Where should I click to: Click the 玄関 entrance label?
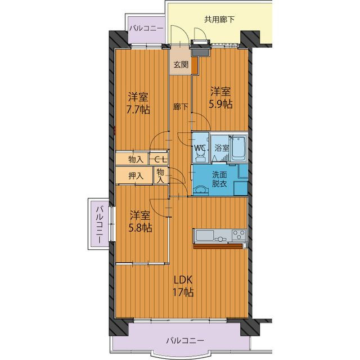pyautogui.click(x=181, y=65)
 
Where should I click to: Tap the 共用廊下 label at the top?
pyautogui.click(x=219, y=19)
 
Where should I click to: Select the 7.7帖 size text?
pyautogui.click(x=138, y=110)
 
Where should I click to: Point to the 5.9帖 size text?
pyautogui.click(x=220, y=104)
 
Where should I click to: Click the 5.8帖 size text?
pyautogui.click(x=140, y=228)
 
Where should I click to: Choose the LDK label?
pyautogui.click(x=183, y=280)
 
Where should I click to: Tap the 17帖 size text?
pyautogui.click(x=183, y=292)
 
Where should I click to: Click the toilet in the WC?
pyautogui.click(x=200, y=156)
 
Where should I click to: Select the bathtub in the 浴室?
pyautogui.click(x=238, y=148)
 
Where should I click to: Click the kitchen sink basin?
pyautogui.click(x=204, y=235)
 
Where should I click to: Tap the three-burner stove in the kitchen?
pyautogui.click(x=238, y=235)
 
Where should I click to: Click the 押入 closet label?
pyautogui.click(x=136, y=176)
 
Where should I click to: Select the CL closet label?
pyautogui.click(x=159, y=159)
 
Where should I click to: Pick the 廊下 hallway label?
pyautogui.click(x=181, y=107)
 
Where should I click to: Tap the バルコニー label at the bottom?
pyautogui.click(x=185, y=340)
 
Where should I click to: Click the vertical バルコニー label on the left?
pyautogui.click(x=99, y=224)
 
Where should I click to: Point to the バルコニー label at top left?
pyautogui.click(x=146, y=29)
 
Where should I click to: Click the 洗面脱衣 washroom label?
pyautogui.click(x=219, y=179)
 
